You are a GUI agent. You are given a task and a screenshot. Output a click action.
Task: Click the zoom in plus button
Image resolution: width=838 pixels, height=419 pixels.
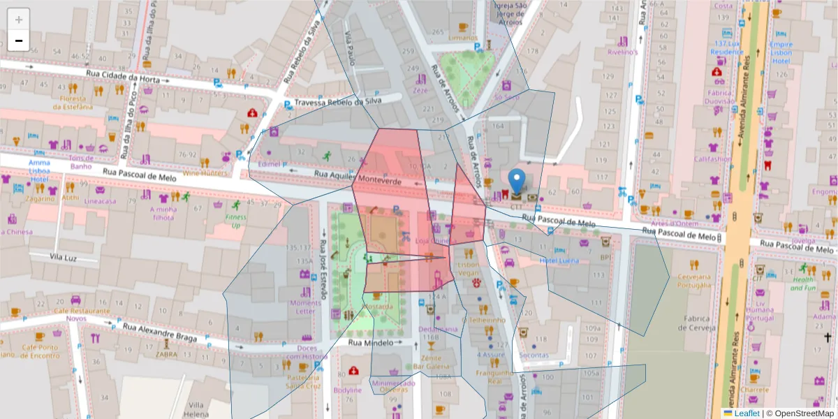coord(19,19)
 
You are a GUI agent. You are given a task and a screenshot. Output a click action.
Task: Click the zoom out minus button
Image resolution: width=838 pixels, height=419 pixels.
coord(19,41)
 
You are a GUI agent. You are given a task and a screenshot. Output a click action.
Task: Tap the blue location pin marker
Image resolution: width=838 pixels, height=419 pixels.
coord(516,181)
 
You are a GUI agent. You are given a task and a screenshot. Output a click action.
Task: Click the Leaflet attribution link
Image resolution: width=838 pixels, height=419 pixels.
coord(746,413)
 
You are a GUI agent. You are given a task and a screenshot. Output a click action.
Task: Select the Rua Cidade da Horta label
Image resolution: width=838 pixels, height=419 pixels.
coord(123,78)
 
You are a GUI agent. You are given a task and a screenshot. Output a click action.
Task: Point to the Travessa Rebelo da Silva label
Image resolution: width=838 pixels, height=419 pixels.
coord(339,102)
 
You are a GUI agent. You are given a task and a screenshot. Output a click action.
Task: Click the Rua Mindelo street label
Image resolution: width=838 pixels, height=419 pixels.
coord(372,343)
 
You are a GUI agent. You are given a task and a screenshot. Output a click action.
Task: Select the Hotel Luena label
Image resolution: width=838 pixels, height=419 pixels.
coord(559,260)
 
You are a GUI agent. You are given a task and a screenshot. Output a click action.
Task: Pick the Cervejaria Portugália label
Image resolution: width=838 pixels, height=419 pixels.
coord(693,280)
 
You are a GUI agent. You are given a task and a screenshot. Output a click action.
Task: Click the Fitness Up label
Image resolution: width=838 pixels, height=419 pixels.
coord(235,221)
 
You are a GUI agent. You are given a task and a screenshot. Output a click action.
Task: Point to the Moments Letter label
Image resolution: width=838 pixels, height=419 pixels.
coord(305,307)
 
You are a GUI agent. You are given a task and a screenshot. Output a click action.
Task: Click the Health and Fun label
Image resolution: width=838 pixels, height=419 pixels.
coord(803,283)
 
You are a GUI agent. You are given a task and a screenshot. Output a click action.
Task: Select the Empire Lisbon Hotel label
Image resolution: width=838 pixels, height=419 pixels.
coord(781,52)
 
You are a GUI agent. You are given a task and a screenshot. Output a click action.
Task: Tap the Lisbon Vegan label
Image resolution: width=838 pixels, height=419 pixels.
coord(468,270)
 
